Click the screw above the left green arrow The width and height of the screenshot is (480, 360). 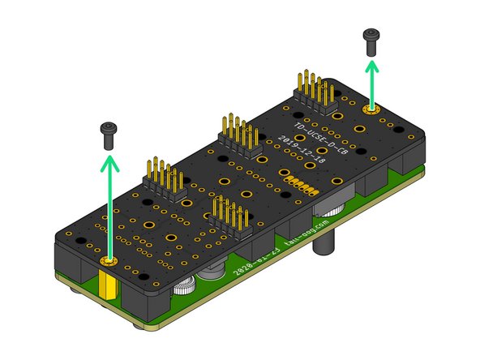108,133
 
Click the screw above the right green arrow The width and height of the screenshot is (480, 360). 372,41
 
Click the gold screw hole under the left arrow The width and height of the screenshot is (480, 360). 109,262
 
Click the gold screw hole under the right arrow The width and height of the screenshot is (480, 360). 372,107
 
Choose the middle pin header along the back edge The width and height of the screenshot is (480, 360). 238,137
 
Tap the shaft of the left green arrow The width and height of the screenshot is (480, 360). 108,211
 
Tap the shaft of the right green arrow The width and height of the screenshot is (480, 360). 372,88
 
